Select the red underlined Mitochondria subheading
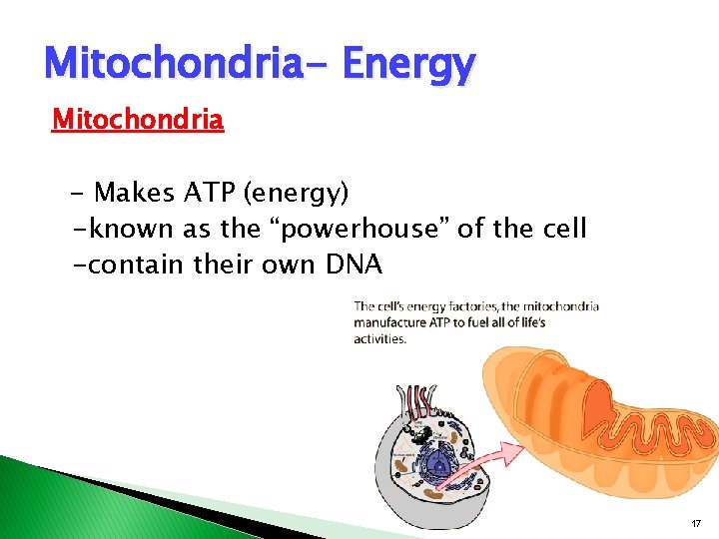138,121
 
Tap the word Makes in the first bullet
131,192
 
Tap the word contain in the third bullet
130,267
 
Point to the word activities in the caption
380,339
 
